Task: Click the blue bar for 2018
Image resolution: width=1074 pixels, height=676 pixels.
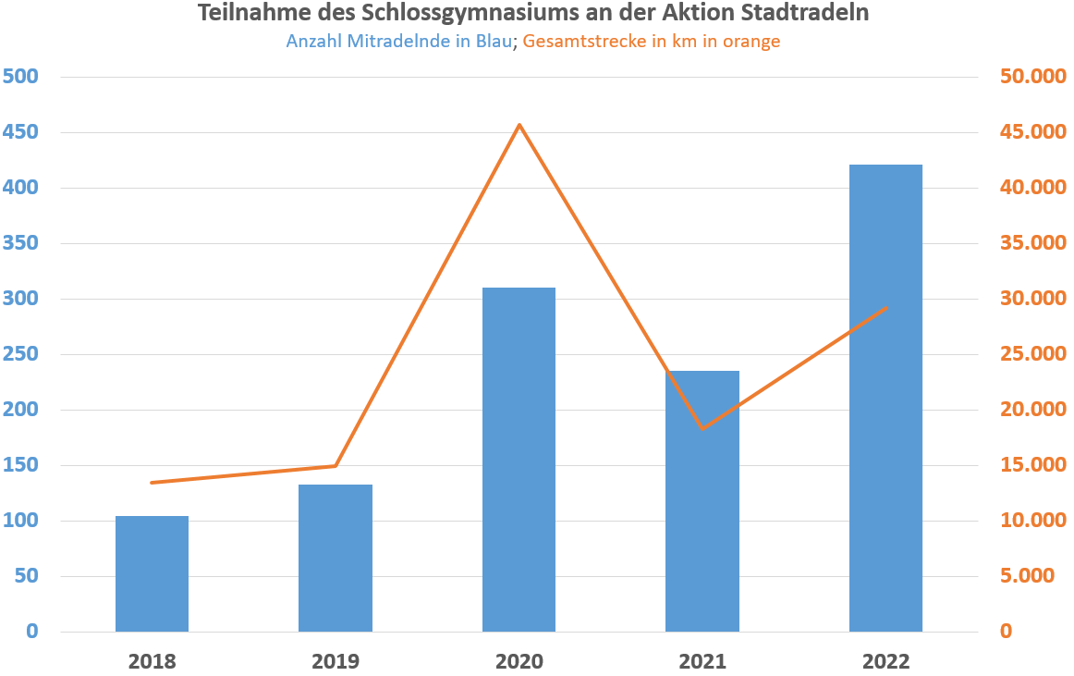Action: [152, 573]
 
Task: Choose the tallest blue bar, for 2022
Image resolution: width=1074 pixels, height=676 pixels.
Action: [885, 398]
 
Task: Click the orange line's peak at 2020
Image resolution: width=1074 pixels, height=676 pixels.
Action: [519, 125]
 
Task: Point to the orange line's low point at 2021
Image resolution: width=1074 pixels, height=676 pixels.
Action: [702, 429]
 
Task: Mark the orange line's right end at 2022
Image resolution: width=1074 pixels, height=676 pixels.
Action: [886, 307]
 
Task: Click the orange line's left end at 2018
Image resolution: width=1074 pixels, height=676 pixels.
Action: [152, 483]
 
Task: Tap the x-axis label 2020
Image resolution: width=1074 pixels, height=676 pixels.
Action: [519, 661]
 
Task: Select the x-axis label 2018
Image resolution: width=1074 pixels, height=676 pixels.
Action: [152, 661]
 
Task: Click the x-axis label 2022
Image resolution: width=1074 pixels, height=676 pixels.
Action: [885, 661]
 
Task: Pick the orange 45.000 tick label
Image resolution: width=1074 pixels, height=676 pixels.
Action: [1033, 132]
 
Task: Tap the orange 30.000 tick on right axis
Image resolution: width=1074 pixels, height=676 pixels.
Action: [1033, 299]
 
